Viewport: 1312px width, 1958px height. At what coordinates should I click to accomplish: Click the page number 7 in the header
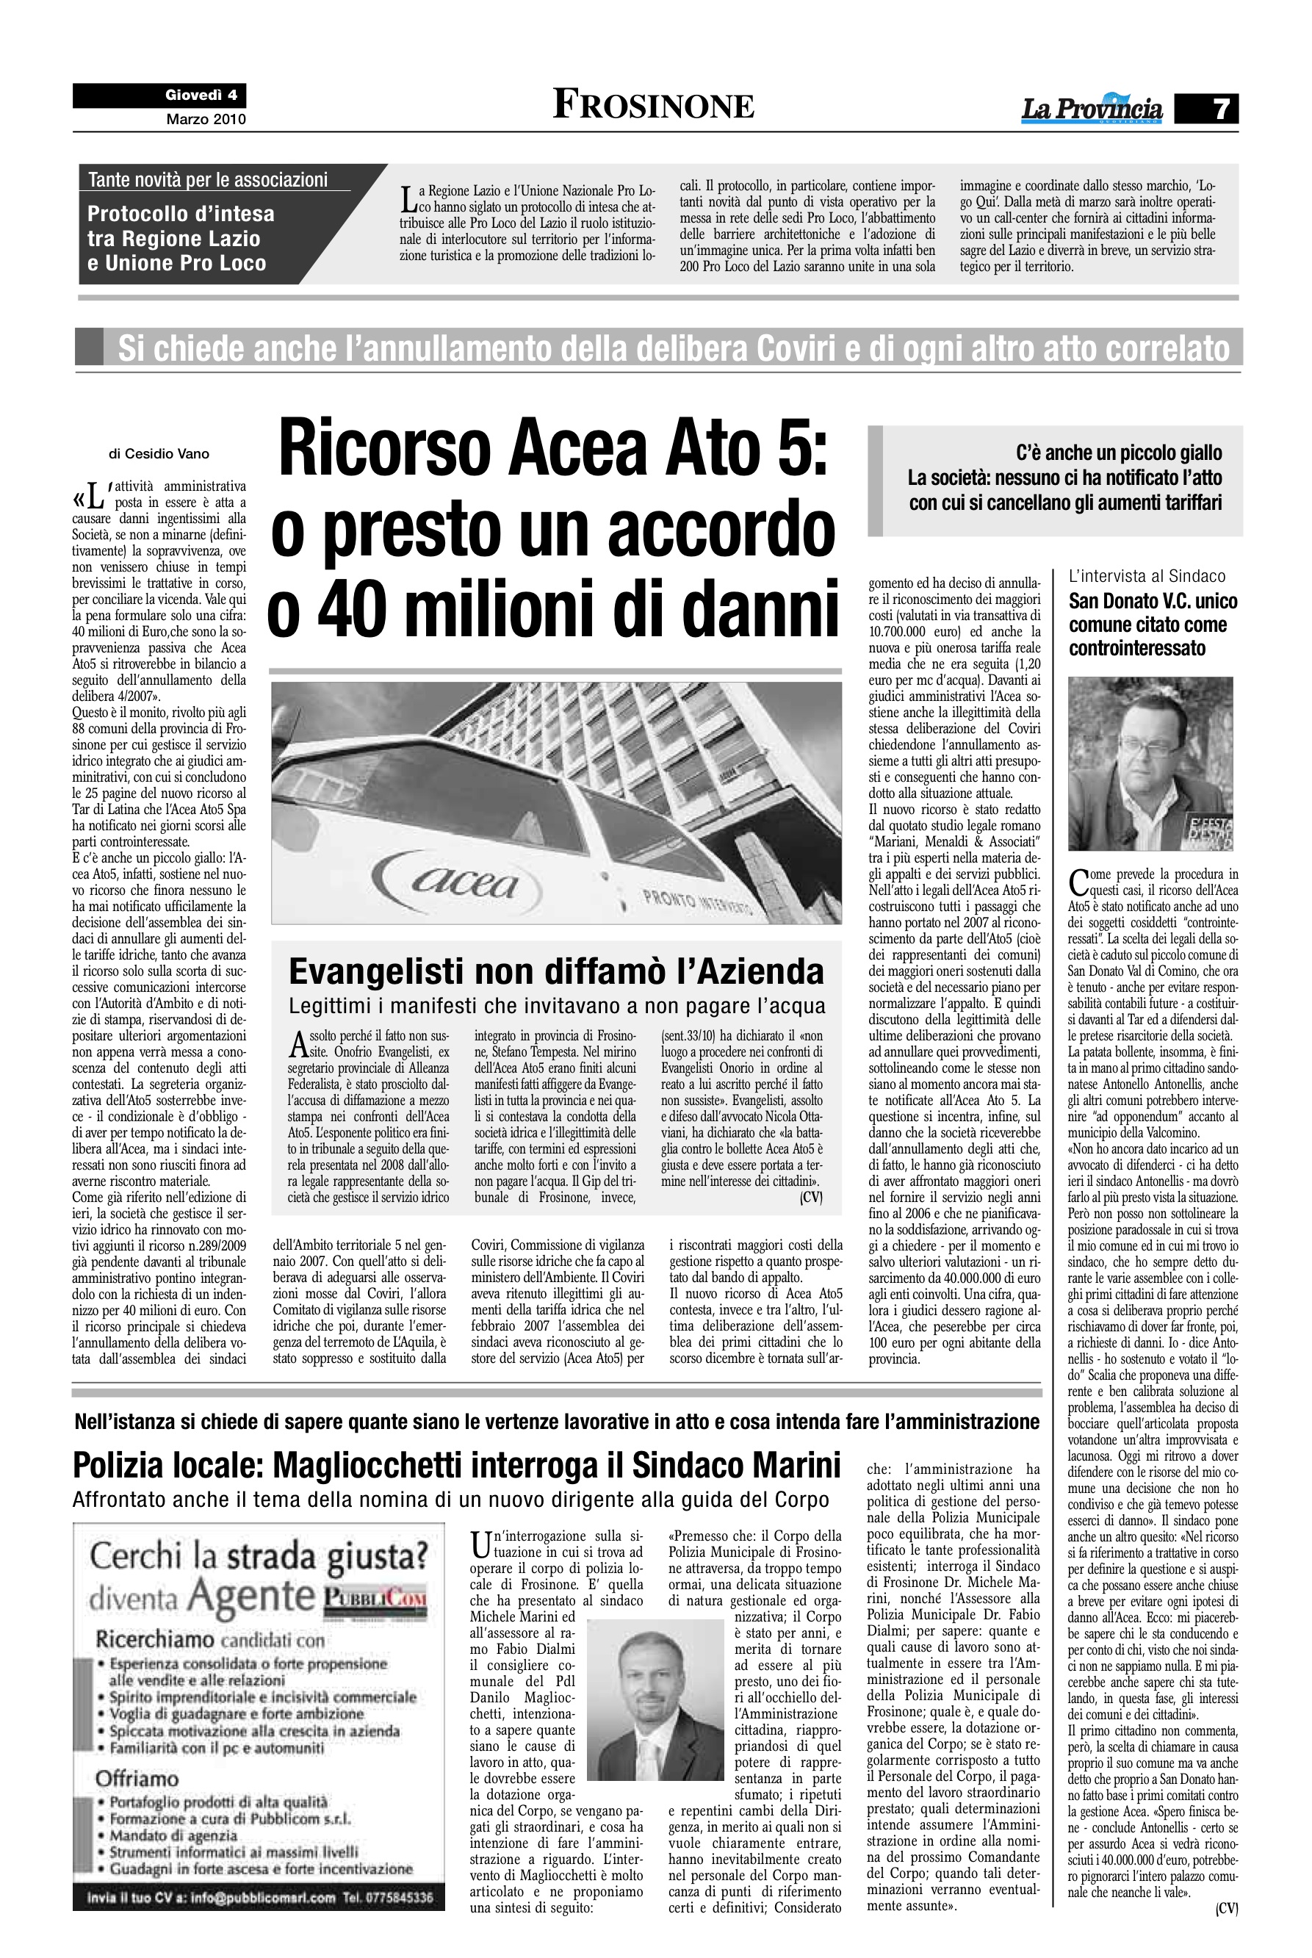coord(1221,109)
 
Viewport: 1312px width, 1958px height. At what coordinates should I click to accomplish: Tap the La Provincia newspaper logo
coord(1091,109)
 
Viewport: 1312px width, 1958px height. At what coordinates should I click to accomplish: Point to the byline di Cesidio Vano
coord(159,454)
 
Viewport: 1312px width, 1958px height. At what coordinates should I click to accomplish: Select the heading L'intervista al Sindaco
coord(1146,576)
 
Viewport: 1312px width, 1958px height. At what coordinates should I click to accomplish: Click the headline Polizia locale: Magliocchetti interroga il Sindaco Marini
coord(456,1465)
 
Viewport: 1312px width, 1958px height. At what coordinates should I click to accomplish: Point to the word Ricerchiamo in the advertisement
coord(155,1639)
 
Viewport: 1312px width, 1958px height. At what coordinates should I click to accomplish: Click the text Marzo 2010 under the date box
coord(206,120)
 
